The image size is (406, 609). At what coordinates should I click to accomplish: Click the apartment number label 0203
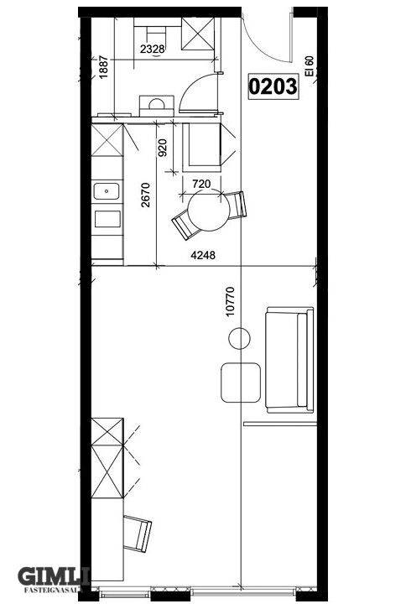(x=273, y=86)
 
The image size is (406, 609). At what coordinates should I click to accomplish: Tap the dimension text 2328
(x=153, y=49)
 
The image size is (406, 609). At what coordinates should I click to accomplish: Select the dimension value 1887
(x=104, y=68)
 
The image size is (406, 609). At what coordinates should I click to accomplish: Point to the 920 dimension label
(x=163, y=148)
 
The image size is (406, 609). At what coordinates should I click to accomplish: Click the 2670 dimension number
(x=145, y=195)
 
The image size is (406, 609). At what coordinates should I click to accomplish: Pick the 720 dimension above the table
(x=201, y=184)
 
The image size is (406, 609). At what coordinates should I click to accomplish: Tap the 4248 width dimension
(x=203, y=255)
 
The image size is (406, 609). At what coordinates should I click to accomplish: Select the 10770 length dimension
(x=231, y=301)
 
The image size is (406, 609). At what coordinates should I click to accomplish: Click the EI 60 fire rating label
(x=310, y=66)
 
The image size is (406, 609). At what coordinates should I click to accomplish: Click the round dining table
(x=208, y=211)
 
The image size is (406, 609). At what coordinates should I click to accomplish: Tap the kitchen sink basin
(x=106, y=191)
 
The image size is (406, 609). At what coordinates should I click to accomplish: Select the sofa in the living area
(x=290, y=360)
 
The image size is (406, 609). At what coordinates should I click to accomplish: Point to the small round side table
(x=239, y=338)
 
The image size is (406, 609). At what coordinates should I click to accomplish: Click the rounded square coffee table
(x=241, y=383)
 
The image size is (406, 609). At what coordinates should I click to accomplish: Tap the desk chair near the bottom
(x=138, y=534)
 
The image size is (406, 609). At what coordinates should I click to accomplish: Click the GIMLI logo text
(x=54, y=577)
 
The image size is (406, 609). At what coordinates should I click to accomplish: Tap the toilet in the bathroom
(x=157, y=106)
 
